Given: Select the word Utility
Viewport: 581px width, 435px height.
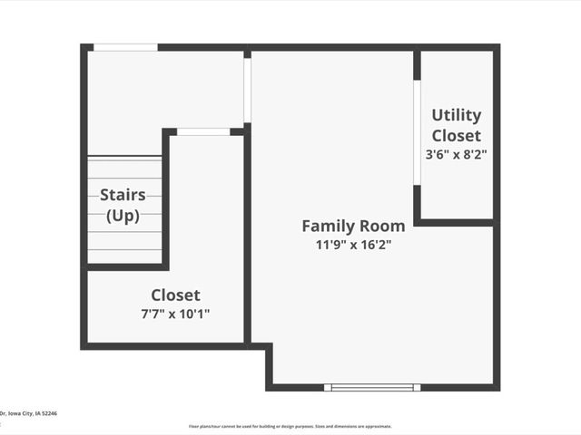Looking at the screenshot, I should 457,115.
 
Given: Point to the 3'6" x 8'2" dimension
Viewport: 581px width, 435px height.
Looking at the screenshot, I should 457,154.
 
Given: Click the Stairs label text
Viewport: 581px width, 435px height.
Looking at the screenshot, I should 123,194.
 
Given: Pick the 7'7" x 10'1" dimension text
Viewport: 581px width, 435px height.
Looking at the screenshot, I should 176,314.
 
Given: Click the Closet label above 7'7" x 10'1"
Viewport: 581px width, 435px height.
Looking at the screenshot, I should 176,295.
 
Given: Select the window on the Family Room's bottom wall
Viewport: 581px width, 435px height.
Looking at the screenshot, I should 372,387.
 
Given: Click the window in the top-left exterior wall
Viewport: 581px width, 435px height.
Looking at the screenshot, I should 125,47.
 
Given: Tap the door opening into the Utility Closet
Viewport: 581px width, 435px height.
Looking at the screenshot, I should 417,133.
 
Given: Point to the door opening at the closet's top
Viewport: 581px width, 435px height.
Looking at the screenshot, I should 203,132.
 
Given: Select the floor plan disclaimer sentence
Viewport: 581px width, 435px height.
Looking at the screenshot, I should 290,426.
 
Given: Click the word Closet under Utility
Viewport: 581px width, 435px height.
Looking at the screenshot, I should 457,135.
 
